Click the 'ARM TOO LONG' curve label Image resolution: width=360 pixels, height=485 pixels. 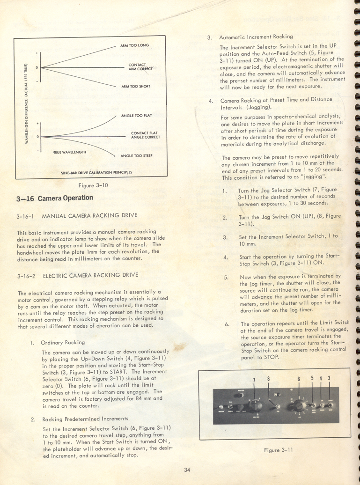pyautogui.click(x=135, y=45)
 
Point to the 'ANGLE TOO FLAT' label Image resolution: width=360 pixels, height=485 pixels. pyautogui.click(x=136, y=115)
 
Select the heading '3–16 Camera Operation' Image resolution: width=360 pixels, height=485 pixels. pyautogui.click(x=54, y=198)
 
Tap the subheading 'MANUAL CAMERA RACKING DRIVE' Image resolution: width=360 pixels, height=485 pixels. pyautogui.click(x=89, y=216)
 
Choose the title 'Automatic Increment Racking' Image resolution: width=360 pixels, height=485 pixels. pyautogui.click(x=256, y=37)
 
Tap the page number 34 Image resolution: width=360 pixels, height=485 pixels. pyautogui.click(x=188, y=470)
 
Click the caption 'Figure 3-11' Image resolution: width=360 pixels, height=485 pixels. pyautogui.click(x=278, y=450)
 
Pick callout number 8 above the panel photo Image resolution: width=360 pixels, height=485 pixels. pyautogui.click(x=269, y=379)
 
